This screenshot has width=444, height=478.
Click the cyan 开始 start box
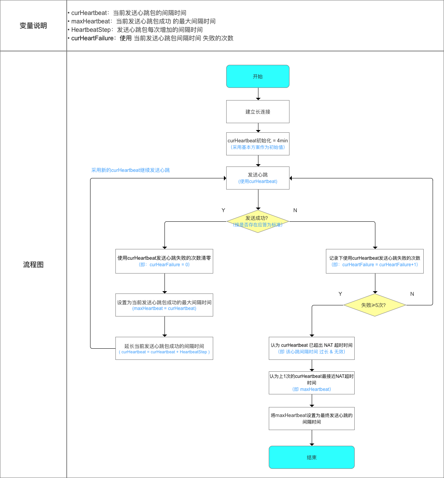pos(258,76)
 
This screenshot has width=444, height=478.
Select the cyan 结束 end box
pos(311,457)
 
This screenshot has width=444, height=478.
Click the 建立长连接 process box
pos(258,112)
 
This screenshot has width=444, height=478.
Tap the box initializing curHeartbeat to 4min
pos(258,144)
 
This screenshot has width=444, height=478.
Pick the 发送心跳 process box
pos(258,178)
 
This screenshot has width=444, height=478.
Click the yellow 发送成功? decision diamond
pos(258,221)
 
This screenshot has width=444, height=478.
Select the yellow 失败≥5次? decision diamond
pos(375,305)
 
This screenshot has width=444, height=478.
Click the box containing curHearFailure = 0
pos(164,261)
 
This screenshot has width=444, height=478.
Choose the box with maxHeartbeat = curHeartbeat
pos(164,305)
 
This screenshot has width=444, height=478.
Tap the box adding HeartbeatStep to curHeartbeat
pos(164,348)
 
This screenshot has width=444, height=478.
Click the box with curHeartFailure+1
pos(375,261)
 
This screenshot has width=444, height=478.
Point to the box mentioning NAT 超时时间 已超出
pos(311,348)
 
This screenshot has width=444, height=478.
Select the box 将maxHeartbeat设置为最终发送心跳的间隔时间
pos(311,419)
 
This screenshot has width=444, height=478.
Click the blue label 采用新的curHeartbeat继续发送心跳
pos(130,170)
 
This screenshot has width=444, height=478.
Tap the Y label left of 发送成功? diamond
pos(223,210)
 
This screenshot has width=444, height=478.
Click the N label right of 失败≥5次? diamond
pos(412,294)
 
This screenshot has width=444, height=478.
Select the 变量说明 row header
pos(33,26)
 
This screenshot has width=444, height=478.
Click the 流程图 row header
pos(33,265)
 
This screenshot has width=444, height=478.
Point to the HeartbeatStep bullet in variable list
pos(136,30)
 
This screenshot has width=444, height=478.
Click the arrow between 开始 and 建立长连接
pos(258,94)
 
